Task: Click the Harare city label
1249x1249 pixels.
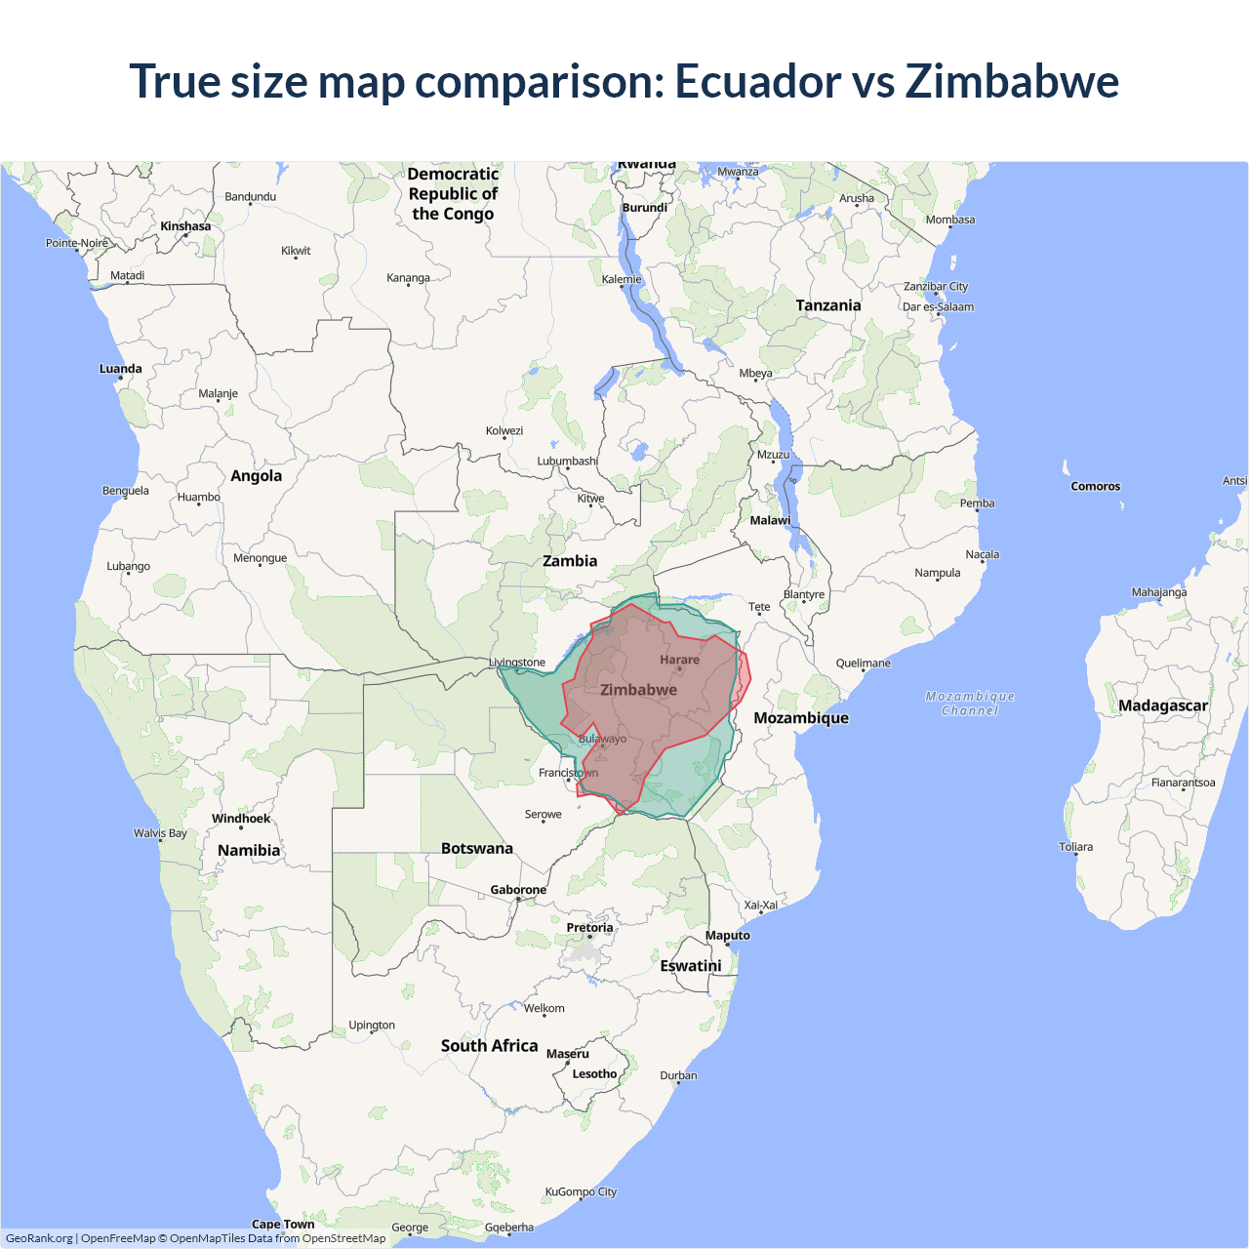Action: point(679,661)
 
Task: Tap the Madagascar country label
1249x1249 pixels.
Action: point(1162,705)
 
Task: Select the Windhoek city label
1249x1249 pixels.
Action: point(241,819)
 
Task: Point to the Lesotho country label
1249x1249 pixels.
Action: point(594,1074)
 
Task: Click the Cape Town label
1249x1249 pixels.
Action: point(283,1224)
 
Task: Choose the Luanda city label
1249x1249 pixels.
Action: point(121,369)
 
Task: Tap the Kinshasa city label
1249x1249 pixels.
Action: point(185,226)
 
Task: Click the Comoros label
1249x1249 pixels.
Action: point(1095,486)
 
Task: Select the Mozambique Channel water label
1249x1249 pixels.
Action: point(970,704)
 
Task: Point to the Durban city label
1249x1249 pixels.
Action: point(678,1075)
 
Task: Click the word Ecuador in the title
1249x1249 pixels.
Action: point(757,81)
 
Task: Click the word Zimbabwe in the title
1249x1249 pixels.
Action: point(1012,81)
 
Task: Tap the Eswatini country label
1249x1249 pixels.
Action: point(691,966)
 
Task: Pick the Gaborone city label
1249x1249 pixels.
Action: point(518,890)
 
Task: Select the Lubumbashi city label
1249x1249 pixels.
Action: point(567,462)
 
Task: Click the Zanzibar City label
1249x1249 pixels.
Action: point(935,287)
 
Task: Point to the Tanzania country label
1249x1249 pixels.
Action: point(827,305)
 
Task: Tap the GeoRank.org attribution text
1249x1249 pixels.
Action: point(39,1238)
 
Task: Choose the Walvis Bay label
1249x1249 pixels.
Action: point(160,833)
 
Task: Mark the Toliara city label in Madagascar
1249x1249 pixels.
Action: point(1076,847)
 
